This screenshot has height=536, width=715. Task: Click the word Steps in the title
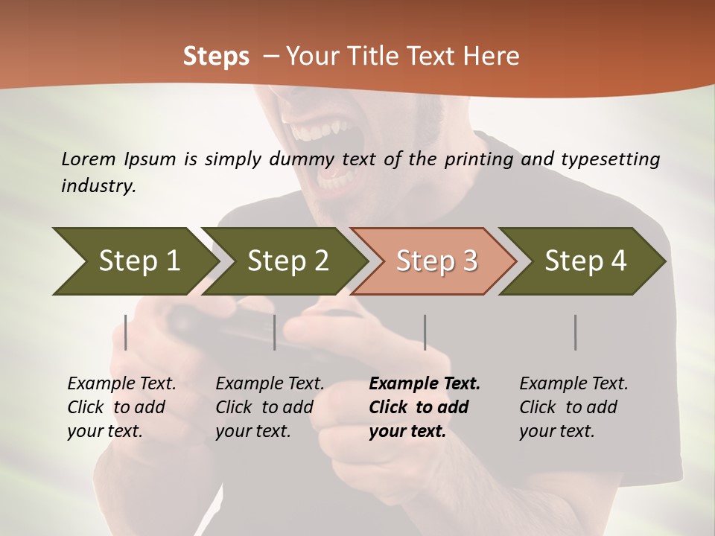216,56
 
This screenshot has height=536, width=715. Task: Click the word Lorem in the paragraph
89,159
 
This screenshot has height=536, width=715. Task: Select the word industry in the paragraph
98,186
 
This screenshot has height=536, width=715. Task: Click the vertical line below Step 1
126,332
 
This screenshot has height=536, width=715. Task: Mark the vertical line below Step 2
275,332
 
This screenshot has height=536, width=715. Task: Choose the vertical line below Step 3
425,332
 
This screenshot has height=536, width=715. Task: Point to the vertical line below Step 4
575,332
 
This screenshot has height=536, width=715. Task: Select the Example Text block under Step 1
121,407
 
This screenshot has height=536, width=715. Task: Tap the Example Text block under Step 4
573,407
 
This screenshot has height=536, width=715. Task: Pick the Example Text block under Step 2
270,407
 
